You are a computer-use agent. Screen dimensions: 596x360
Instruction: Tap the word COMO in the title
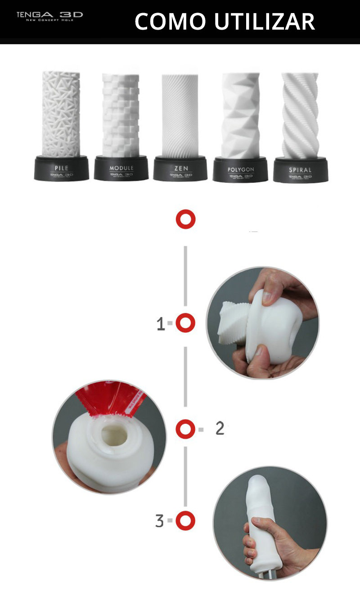(x=169, y=21)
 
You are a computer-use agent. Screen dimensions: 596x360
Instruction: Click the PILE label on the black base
(x=61, y=168)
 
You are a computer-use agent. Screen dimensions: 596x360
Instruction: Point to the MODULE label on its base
(x=121, y=168)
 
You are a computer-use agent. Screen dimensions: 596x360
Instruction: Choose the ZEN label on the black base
(x=180, y=168)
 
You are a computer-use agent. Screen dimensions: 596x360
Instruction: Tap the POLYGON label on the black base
(x=241, y=170)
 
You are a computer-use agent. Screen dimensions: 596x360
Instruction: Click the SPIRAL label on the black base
(x=300, y=170)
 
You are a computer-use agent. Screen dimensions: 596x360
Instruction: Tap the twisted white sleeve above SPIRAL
(x=300, y=115)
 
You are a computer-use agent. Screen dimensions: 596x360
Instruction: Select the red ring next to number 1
(x=185, y=323)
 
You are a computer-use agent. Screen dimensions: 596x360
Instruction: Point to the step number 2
(x=220, y=429)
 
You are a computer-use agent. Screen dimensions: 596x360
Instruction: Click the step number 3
(x=159, y=521)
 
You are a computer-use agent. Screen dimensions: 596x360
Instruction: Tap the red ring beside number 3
(x=185, y=520)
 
